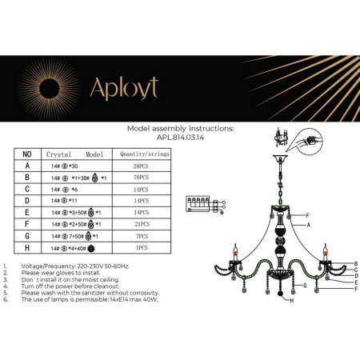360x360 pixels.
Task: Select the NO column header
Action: point(26,153)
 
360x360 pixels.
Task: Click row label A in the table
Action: point(26,166)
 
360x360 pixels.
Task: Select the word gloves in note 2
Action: point(62,271)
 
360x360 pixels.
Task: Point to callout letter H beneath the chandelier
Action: point(293,302)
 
